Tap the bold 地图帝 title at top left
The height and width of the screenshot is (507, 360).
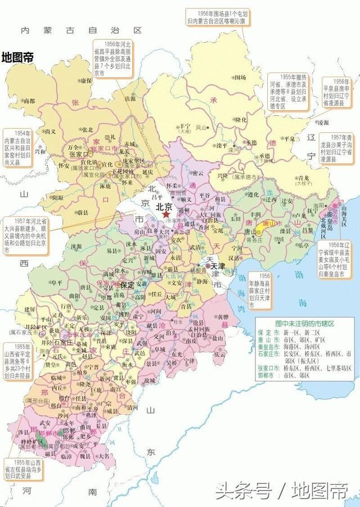(x=17, y=57)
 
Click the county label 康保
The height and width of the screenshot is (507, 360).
(x=86, y=81)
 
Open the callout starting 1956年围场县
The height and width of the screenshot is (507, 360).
(x=219, y=17)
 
